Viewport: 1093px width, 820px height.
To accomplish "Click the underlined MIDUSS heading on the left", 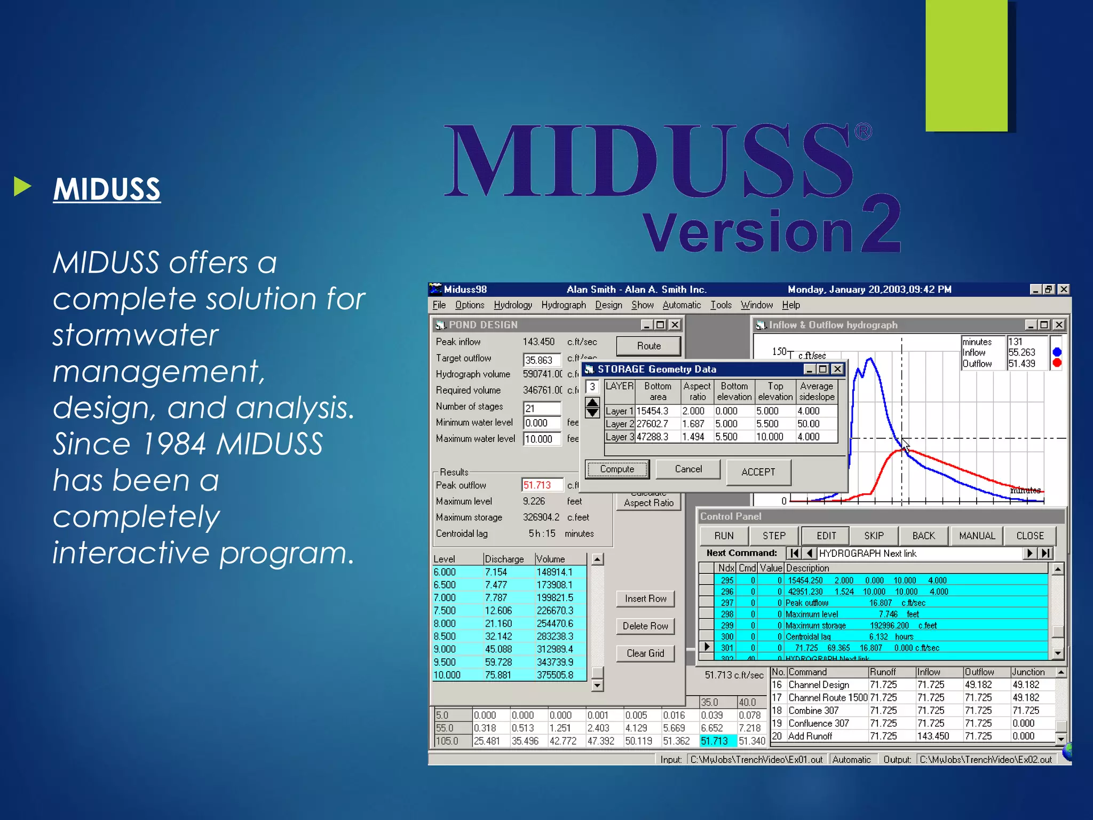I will (x=107, y=189).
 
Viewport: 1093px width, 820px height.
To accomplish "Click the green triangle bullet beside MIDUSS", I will (x=22, y=186).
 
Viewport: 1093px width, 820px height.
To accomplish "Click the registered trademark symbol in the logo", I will (x=863, y=131).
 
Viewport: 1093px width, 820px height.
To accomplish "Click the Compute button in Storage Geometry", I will (x=617, y=469).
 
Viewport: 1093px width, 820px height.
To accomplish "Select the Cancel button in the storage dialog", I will (x=688, y=469).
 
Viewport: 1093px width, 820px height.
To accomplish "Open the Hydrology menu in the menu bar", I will (x=512, y=305).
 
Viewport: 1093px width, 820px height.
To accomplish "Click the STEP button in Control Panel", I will (x=773, y=535).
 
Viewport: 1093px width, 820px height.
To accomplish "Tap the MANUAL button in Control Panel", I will (x=976, y=535).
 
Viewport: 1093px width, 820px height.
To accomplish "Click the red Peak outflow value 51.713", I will (x=537, y=485).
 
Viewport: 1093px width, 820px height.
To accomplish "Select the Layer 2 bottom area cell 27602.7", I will (x=652, y=424).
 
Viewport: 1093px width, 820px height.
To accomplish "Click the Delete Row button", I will (x=645, y=626).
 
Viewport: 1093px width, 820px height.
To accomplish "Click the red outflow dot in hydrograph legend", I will (x=1057, y=363).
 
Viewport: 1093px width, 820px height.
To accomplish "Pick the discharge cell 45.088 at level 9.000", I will (x=498, y=649).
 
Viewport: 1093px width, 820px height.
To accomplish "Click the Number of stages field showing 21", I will (x=541, y=408).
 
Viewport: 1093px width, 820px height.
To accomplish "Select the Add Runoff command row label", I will (x=810, y=736).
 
